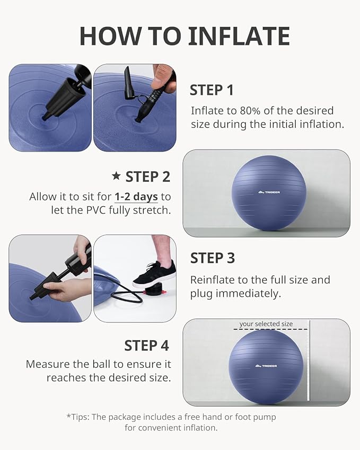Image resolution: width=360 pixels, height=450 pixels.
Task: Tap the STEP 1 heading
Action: [x=212, y=90]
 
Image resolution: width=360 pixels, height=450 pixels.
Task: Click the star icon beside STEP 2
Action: [x=116, y=177]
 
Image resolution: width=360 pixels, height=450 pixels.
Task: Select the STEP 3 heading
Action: [x=212, y=258]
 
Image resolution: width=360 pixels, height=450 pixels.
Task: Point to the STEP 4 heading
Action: [x=146, y=346]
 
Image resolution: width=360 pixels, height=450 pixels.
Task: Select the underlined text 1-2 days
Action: [x=136, y=197]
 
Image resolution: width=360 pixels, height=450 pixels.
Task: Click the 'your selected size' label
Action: [x=266, y=324]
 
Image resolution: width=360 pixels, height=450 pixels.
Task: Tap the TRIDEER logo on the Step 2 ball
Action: [x=269, y=191]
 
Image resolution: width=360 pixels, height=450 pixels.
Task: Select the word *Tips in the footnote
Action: [x=78, y=417]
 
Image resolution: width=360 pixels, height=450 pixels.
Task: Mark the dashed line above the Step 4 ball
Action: [x=270, y=330]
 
